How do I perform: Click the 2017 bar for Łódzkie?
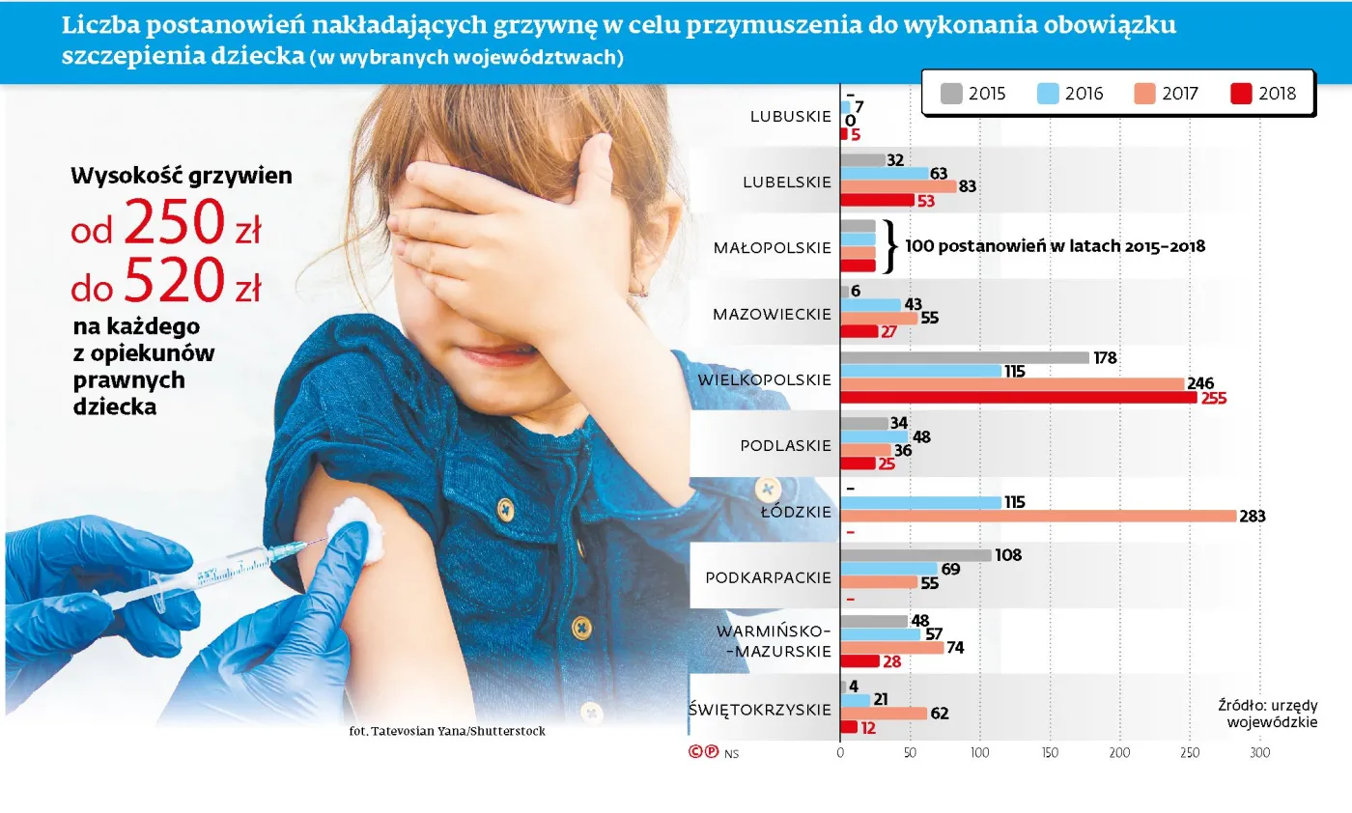pyautogui.click(x=1038, y=516)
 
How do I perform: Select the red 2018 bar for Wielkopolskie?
pyautogui.click(x=1019, y=397)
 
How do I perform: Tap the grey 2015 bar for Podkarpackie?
pyautogui.click(x=916, y=555)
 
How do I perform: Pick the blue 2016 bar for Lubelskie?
pyautogui.click(x=885, y=173)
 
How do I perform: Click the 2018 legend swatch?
pyautogui.click(x=1241, y=94)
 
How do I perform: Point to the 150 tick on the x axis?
pyautogui.click(x=1050, y=752)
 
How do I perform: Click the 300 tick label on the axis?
pyautogui.click(x=1258, y=752)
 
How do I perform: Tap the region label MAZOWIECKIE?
pyautogui.click(x=772, y=314)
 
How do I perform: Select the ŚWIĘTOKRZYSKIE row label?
pyautogui.click(x=760, y=710)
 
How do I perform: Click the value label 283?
pyautogui.click(x=1253, y=517)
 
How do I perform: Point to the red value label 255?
pyautogui.click(x=1214, y=398)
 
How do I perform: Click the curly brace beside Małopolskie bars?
pyautogui.click(x=890, y=246)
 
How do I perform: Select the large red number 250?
pyautogui.click(x=174, y=224)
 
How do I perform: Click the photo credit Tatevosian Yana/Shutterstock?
pyautogui.click(x=447, y=731)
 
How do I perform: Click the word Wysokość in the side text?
pyautogui.click(x=124, y=176)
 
